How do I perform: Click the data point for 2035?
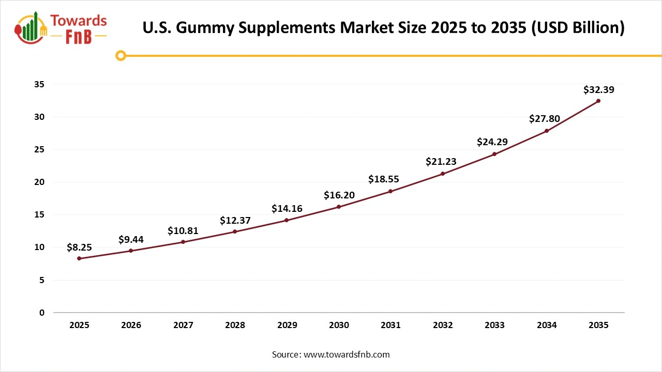pos(598,101)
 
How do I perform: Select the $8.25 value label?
pos(79,247)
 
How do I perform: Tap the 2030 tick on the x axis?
pos(339,326)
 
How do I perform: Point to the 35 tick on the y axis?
pos(39,84)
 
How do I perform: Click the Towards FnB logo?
pos(62,28)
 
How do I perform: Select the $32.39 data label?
pos(598,90)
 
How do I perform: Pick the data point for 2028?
pos(235,231)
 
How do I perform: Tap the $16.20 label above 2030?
pos(339,195)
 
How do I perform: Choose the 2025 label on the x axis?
pos(79,326)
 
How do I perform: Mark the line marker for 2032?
pos(443,174)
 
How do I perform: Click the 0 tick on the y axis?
pos(42,313)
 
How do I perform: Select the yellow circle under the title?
pos(121,55)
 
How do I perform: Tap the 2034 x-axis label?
pos(547,326)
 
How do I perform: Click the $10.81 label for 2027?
pos(183,231)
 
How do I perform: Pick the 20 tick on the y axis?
pos(39,182)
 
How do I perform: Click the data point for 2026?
pos(131,251)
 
